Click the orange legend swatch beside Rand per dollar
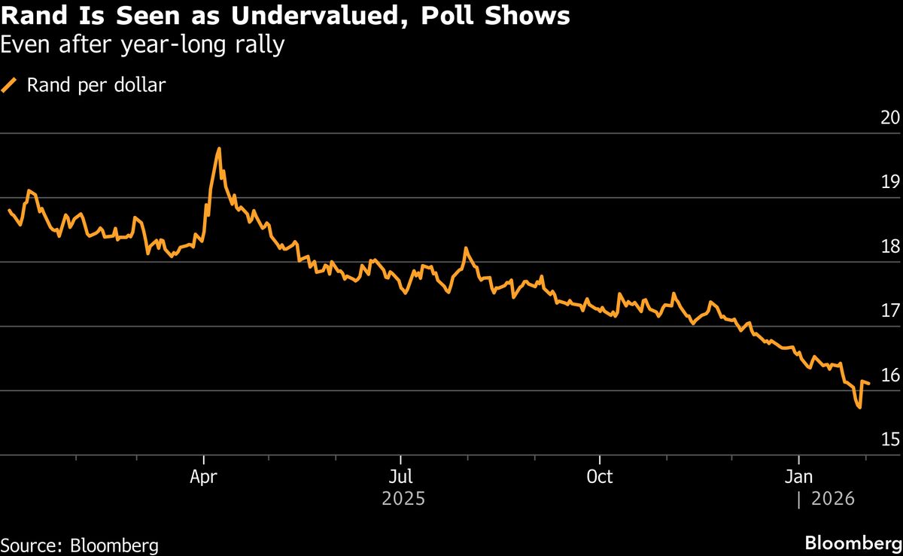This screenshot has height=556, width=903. tap(9, 85)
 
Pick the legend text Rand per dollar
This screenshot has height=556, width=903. tap(96, 85)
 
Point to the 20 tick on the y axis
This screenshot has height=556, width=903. tap(890, 117)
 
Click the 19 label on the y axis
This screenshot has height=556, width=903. tap(890, 181)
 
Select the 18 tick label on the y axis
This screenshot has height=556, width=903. tap(890, 246)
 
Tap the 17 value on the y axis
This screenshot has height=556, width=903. tap(890, 310)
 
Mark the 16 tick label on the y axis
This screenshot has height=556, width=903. tap(890, 375)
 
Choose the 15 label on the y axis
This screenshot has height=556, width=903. tap(890, 439)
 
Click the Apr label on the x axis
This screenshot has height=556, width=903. tap(204, 477)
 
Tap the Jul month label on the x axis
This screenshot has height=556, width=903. tap(401, 477)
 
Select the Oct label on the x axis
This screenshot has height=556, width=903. tap(600, 477)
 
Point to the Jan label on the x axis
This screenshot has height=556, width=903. tap(798, 477)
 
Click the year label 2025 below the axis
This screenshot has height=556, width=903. tap(403, 499)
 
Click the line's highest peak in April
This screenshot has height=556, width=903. tap(219, 149)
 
